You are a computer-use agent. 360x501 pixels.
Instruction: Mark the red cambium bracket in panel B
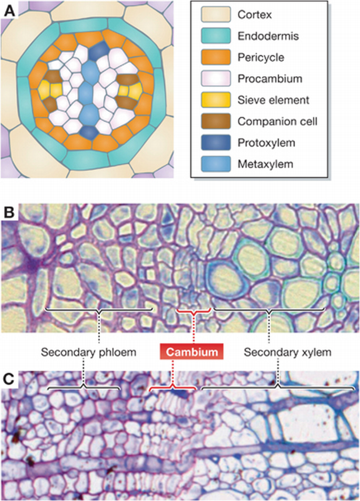point(193,311)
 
